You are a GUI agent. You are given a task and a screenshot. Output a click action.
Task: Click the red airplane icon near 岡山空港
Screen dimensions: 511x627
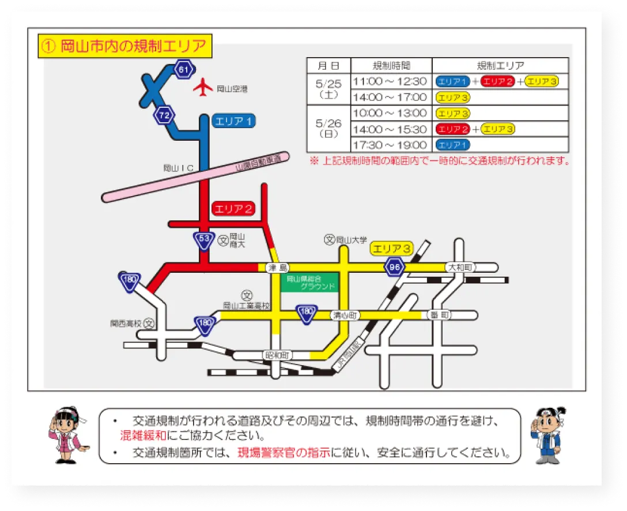pos(203,88)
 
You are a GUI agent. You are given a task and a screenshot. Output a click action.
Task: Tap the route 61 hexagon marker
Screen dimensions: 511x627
pos(184,70)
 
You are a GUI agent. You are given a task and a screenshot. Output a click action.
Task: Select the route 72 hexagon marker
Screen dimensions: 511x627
pos(164,115)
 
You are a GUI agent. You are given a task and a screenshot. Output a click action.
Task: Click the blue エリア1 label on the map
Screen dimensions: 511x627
pos(234,121)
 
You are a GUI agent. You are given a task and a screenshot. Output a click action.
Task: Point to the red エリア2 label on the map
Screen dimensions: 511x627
pos(234,209)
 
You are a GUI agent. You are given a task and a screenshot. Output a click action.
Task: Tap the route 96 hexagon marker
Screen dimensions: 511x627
pos(395,267)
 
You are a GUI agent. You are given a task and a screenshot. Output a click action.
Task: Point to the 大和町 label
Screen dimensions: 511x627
pos(460,268)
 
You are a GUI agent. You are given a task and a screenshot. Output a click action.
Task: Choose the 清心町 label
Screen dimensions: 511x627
pos(346,315)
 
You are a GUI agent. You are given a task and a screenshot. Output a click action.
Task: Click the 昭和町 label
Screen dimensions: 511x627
pos(276,355)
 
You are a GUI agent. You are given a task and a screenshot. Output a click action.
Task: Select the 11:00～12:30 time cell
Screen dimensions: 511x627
pos(390,81)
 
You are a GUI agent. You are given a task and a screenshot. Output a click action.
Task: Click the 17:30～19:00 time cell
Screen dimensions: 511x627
pos(390,145)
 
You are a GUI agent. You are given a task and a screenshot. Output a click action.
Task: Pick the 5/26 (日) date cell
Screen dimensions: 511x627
pos(328,129)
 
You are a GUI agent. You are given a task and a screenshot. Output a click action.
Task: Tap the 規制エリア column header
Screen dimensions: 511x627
pos(500,65)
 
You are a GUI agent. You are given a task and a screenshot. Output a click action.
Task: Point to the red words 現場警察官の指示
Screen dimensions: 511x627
pos(285,453)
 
